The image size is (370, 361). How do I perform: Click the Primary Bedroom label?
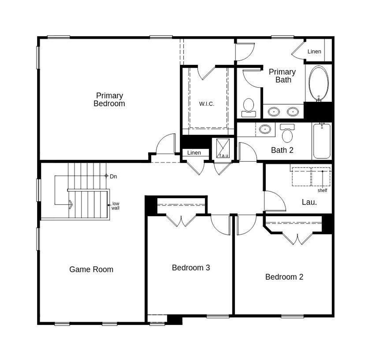[x=109, y=100]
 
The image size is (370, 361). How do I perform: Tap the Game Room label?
[x=91, y=269]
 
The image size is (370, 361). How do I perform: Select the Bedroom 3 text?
[x=191, y=268]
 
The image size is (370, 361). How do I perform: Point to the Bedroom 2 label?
[x=284, y=277]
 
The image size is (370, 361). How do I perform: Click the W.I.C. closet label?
[x=207, y=104]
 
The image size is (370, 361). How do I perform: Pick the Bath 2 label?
[x=282, y=150]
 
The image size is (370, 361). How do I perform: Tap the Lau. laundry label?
[x=309, y=202]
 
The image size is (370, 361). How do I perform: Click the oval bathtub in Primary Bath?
[x=319, y=83]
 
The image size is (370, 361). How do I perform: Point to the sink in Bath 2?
[x=265, y=129]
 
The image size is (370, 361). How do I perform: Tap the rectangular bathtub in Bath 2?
[x=321, y=141]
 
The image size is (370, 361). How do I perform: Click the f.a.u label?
[x=224, y=156]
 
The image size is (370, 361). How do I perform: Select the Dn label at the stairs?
[x=113, y=176]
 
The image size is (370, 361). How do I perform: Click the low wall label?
[x=116, y=206]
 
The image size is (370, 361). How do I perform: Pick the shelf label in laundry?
[x=322, y=190]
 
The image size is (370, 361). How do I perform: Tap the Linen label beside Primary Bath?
[x=314, y=52]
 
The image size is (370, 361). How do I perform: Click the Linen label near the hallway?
[x=194, y=153]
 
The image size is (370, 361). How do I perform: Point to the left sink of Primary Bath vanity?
[x=273, y=111]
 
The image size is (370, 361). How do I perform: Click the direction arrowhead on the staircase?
[x=70, y=205]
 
